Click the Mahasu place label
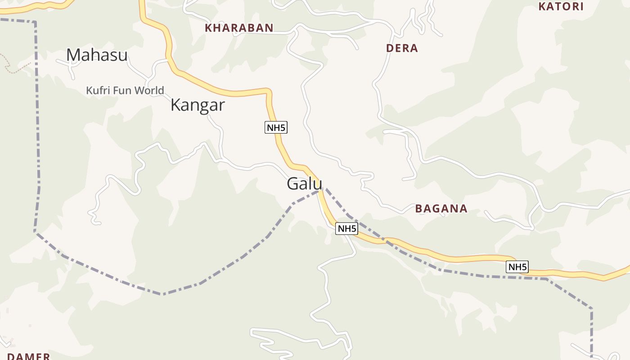97,55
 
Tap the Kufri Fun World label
125,90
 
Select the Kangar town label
198,105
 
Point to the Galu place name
305,184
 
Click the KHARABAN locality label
239,28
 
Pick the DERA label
402,48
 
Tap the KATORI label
561,7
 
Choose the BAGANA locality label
441,209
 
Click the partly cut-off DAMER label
28,356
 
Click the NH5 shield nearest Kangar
276,128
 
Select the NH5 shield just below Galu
347,229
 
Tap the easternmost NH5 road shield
517,267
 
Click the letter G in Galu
293,184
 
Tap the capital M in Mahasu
73,55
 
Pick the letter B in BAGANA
418,209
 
